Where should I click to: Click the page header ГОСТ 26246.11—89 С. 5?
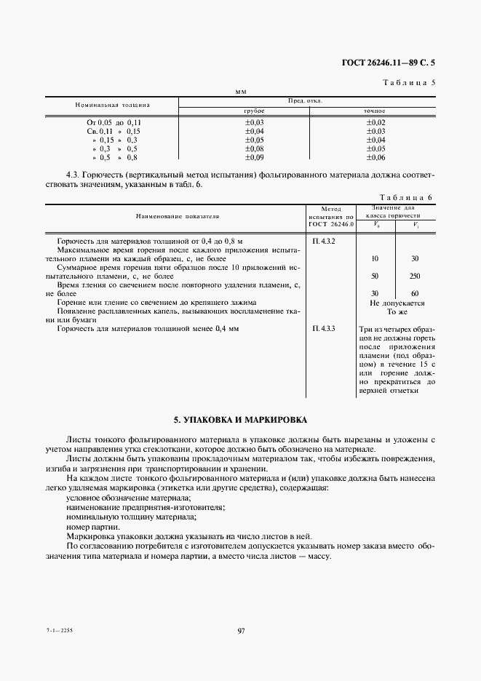(x=392, y=63)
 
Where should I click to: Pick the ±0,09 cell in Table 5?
(x=254, y=157)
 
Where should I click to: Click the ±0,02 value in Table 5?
(x=375, y=122)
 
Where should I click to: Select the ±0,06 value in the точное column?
(x=375, y=157)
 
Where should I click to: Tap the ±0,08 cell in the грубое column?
(x=254, y=148)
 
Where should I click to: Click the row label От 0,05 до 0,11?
(x=114, y=122)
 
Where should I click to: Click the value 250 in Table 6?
(x=415, y=276)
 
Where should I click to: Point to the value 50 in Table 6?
(x=374, y=276)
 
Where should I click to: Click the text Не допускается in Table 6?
(x=397, y=303)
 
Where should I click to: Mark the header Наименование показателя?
(x=177, y=216)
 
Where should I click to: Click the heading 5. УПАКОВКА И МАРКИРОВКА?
(x=240, y=421)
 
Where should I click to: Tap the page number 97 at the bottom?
(x=241, y=631)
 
